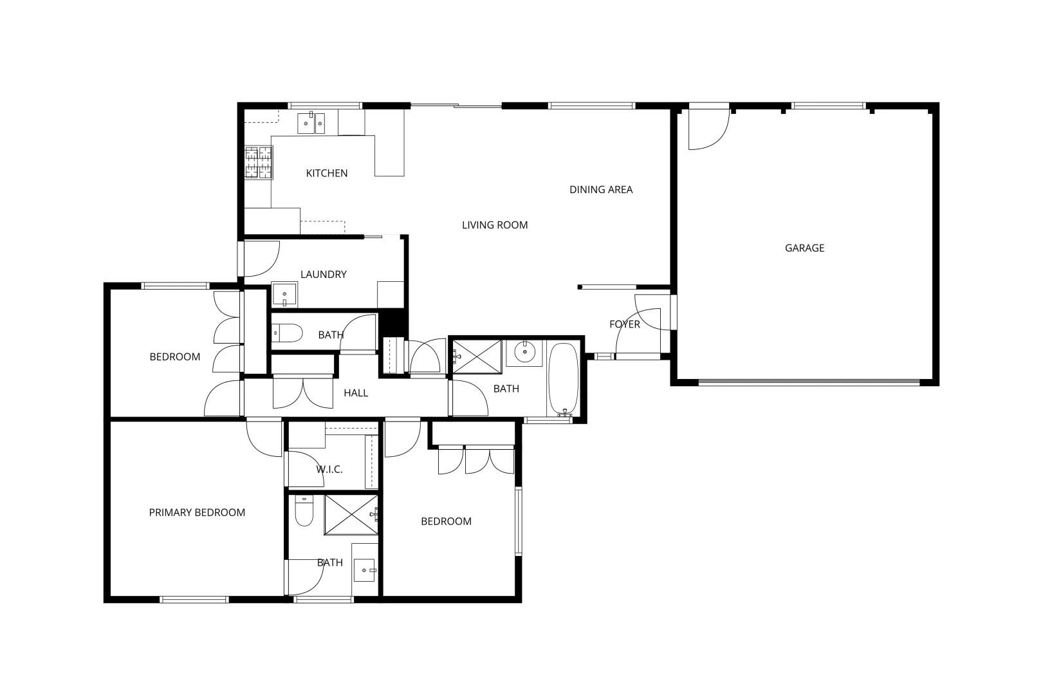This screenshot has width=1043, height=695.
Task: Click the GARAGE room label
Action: (804, 248)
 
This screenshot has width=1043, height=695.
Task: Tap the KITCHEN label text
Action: (327, 173)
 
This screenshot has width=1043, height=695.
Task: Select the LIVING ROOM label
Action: (495, 225)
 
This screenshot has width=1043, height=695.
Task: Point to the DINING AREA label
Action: (601, 189)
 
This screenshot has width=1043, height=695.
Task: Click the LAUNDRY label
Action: (324, 274)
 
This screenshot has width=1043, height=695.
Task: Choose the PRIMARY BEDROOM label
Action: (197, 513)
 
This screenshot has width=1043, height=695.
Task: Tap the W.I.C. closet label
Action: (329, 469)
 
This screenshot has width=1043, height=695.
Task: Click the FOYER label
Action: (625, 324)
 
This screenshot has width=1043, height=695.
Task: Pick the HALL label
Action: (356, 393)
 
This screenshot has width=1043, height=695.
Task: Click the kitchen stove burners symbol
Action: (259, 162)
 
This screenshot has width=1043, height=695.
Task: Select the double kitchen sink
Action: (311, 123)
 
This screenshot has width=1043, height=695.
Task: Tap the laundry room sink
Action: (284, 294)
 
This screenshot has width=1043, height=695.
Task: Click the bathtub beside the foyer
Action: (564, 380)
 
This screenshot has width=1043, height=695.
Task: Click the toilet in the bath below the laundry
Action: (288, 333)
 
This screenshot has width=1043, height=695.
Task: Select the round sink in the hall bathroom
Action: (524, 352)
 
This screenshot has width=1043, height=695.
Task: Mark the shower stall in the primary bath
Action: (351, 514)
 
